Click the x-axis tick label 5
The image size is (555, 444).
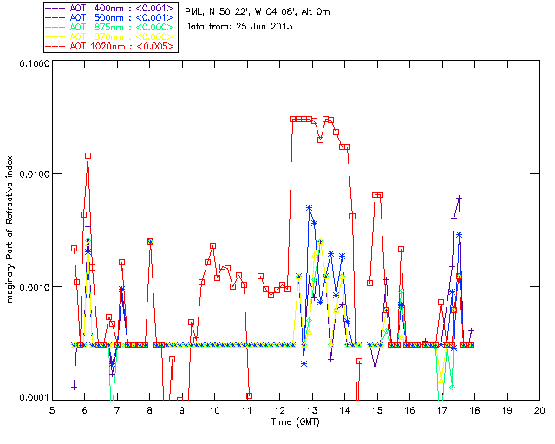(52, 409)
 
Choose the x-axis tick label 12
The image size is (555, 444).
(279, 409)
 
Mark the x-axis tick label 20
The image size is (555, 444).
(539, 409)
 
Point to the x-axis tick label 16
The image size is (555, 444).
(409, 409)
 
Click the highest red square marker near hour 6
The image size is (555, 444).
(88, 156)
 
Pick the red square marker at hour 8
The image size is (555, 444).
(150, 242)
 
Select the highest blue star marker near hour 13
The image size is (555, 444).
(309, 208)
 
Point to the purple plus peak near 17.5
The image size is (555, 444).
(459, 199)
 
